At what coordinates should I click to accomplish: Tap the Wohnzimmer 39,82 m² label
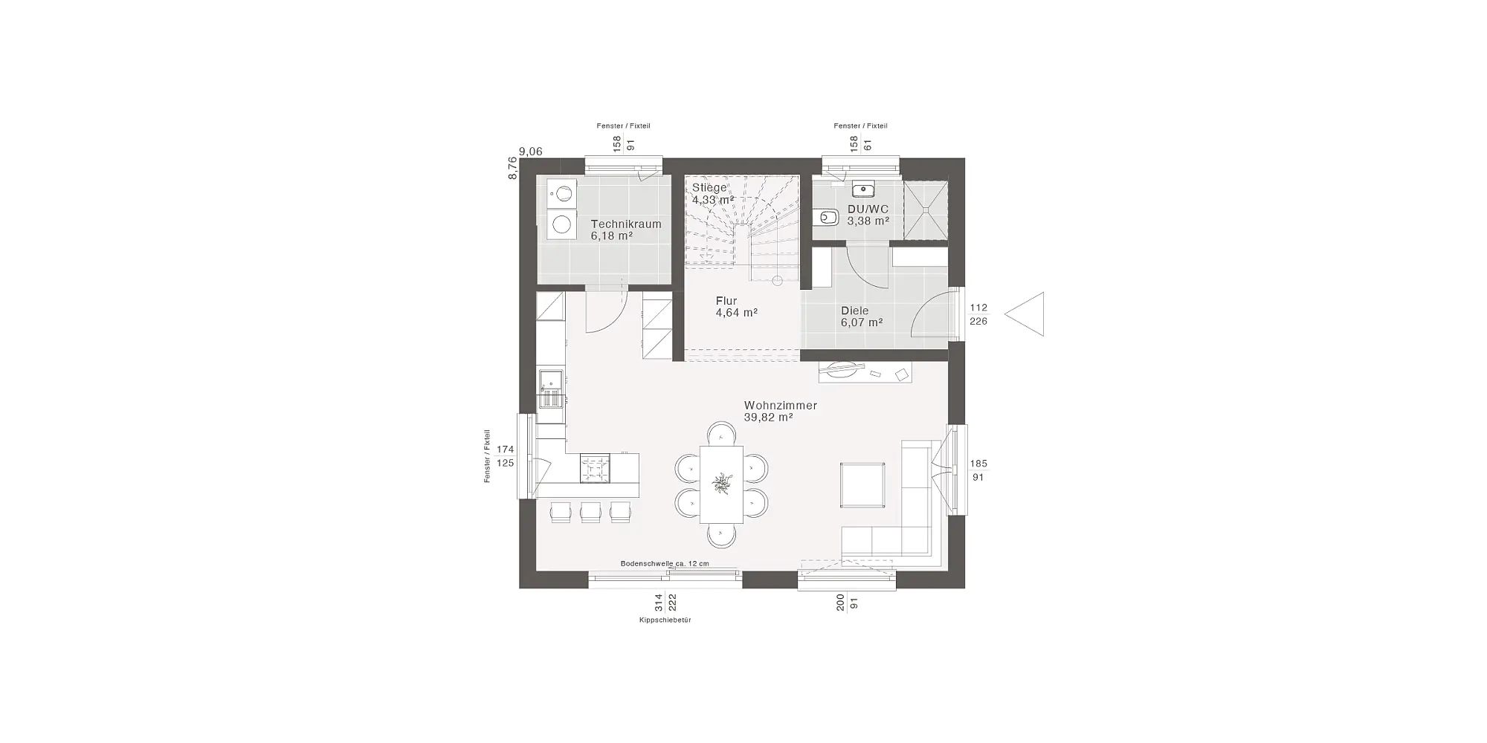[x=781, y=412]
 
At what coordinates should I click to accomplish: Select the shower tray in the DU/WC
[x=926, y=210]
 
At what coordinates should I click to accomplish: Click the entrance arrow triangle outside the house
[x=1025, y=314]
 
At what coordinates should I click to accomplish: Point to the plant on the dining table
[x=721, y=484]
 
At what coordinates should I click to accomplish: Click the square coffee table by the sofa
[x=862, y=484]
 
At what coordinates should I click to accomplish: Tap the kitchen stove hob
[x=594, y=469]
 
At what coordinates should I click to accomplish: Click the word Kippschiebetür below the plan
[x=665, y=620]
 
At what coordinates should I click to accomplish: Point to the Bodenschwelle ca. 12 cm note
[x=665, y=564]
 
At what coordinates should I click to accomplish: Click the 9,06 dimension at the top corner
[x=531, y=152]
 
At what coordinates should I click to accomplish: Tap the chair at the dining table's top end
[x=721, y=434]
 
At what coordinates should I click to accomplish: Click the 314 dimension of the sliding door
[x=658, y=602]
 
